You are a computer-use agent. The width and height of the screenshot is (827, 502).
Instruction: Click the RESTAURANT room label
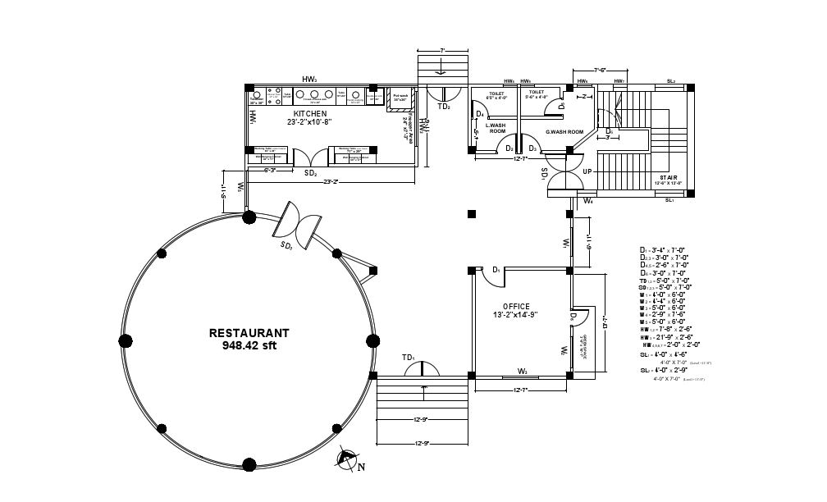[249, 333]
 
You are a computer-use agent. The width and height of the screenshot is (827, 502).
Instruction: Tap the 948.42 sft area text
[249, 346]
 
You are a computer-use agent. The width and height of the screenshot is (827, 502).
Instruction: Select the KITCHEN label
[310, 113]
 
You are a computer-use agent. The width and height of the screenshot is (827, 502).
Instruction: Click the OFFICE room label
[516, 306]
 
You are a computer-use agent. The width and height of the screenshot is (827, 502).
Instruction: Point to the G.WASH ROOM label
[564, 131]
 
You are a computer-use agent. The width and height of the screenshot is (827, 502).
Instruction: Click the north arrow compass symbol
[349, 459]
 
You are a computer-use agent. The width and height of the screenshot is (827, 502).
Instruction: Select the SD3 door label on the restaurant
[287, 245]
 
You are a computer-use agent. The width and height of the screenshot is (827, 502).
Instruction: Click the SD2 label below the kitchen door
[311, 173]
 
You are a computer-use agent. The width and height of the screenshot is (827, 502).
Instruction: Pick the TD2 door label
[443, 107]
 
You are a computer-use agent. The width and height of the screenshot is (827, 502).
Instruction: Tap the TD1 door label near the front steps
[409, 358]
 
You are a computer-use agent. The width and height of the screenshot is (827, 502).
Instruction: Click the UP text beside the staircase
[587, 171]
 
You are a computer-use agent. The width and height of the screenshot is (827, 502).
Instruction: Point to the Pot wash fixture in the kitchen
[400, 97]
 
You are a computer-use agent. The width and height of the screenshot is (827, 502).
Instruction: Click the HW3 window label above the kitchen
[309, 79]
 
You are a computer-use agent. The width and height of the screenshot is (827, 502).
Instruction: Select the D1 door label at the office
[496, 269]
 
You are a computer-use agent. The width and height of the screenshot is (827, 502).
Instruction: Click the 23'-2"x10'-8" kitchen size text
[309, 122]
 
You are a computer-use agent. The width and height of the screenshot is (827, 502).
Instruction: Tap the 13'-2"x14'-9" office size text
[516, 315]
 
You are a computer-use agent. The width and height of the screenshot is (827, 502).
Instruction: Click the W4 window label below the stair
[588, 200]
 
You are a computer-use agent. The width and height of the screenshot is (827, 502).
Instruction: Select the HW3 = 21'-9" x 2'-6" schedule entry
[667, 337]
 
